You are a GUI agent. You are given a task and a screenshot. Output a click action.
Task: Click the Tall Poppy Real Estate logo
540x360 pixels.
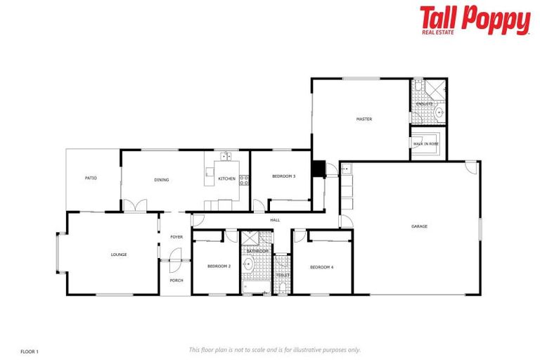tap(475, 20)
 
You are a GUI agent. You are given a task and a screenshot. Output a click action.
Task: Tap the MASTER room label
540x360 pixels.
tap(364, 120)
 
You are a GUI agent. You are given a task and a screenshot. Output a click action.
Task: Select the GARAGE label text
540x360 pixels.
tap(419, 226)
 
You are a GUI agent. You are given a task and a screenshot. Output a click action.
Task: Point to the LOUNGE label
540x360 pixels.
tap(118, 255)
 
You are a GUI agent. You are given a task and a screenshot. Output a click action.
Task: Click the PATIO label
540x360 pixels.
tap(91, 179)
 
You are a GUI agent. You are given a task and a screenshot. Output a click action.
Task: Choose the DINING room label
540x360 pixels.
tap(162, 180)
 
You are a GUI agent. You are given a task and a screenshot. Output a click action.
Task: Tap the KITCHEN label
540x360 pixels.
tap(226, 179)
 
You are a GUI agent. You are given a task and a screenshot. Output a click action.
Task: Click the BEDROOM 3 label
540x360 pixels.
tap(283, 176)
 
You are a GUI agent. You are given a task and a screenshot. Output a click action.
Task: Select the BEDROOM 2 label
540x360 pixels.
tap(219, 266)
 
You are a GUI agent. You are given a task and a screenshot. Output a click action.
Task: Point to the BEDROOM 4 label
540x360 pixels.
tap(321, 266)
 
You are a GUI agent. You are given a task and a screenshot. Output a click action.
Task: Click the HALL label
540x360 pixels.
tap(275, 220)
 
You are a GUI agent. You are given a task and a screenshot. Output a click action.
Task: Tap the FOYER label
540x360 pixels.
tap(176, 237)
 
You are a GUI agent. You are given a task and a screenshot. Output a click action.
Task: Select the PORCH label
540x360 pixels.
tap(176, 281)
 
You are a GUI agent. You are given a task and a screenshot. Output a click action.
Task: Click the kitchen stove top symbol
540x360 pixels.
tap(244, 180)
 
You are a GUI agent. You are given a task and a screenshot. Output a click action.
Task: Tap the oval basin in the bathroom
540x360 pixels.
tap(247, 264)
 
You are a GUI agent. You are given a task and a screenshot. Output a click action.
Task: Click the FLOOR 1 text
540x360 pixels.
tap(29, 350)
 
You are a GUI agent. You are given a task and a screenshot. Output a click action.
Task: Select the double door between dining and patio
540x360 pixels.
tap(134, 205)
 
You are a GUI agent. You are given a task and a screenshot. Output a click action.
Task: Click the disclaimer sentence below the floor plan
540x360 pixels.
tap(274, 349)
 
